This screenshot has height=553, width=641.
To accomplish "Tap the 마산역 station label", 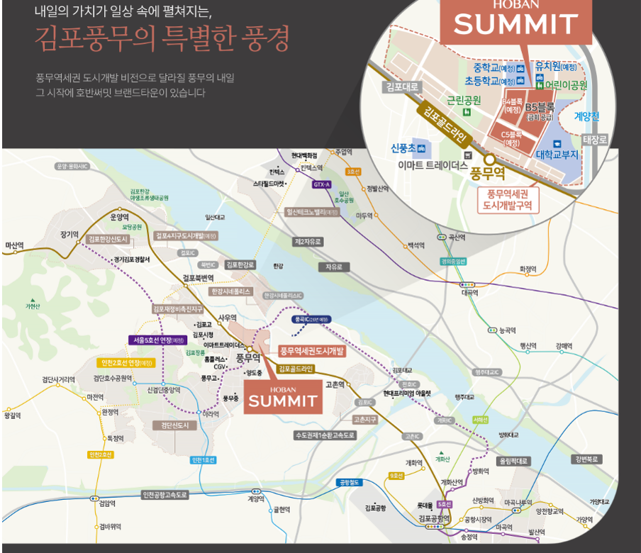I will pyautogui.click(x=15, y=246).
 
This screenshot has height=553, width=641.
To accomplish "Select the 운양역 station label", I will pyautogui.click(x=120, y=218).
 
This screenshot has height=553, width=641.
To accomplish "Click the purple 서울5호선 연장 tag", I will pyautogui.click(x=156, y=340).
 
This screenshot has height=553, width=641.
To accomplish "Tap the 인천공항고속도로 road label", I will pyautogui.click(x=165, y=495).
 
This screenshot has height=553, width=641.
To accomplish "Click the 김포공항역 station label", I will pyautogui.click(x=434, y=519).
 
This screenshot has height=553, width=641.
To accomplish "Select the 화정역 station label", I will pyautogui.click(x=529, y=269).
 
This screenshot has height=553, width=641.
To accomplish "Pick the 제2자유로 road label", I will pyautogui.click(x=308, y=242).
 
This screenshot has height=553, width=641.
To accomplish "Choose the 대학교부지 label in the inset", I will pyautogui.click(x=557, y=153).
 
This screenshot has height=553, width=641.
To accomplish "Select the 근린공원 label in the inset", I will pyautogui.click(x=464, y=100).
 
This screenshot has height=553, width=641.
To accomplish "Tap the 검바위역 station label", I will pyautogui.click(x=110, y=526).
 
